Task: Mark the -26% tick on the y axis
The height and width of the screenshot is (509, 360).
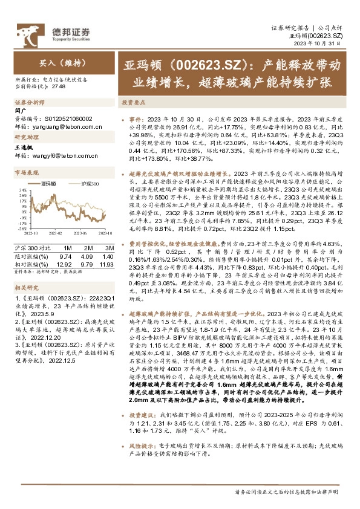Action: [23, 229]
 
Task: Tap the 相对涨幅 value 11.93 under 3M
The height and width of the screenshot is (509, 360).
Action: [107, 264]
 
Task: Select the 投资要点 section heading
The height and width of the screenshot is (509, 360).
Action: [133, 102]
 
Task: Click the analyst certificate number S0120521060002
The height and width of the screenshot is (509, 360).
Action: [65, 119]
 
